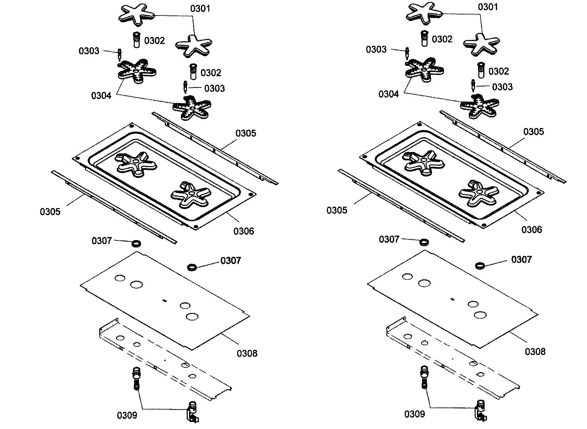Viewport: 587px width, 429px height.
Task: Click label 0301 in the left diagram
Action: [x=200, y=8]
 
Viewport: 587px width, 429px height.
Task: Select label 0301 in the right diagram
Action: [x=487, y=7]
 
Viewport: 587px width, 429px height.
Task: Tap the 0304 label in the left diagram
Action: [x=101, y=95]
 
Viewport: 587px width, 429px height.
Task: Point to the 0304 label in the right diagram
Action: [x=389, y=94]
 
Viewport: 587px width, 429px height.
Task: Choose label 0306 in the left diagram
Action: [x=244, y=231]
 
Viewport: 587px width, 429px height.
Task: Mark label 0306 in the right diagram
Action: [x=532, y=230]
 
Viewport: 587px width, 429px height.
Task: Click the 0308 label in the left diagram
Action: [x=247, y=353]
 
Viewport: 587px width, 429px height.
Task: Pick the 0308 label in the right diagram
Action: [x=535, y=352]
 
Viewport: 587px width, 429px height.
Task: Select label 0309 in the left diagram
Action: [x=127, y=416]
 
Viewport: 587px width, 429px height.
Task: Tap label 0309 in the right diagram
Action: [x=414, y=414]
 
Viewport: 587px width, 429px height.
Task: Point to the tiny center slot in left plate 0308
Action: [x=164, y=300]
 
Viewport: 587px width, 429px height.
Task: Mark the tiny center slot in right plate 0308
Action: [x=452, y=299]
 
